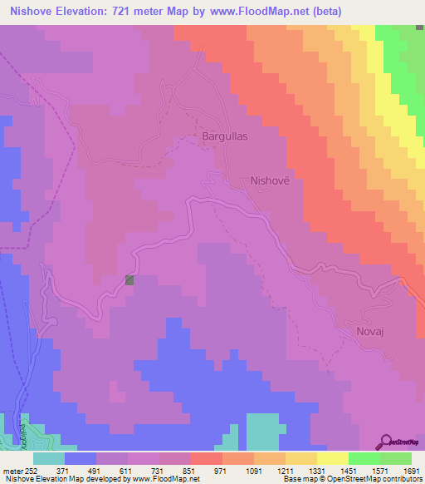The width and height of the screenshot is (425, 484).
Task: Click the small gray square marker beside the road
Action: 129,280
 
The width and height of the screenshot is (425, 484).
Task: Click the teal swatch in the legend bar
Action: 49,458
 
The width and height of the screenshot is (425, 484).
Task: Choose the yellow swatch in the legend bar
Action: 332,458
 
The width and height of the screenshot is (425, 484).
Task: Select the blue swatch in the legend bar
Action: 81,458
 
